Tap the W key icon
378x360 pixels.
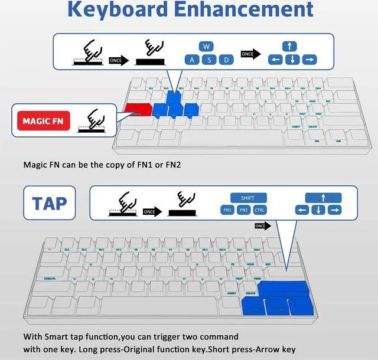tap(206, 46)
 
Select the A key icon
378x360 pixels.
tap(191, 60)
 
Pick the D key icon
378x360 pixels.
tap(226, 60)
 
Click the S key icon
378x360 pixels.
tap(208, 60)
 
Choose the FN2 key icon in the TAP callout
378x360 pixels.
tap(243, 210)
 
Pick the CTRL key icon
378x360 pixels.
tap(260, 210)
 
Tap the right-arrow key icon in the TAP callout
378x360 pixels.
tap(335, 210)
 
